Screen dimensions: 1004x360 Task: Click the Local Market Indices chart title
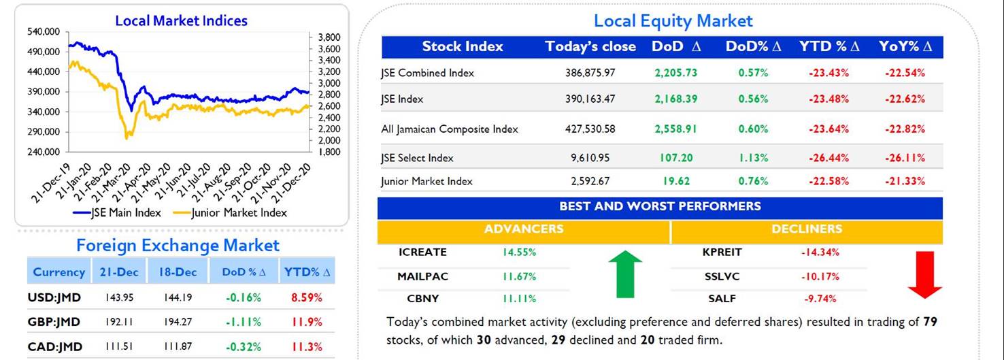tap(181, 20)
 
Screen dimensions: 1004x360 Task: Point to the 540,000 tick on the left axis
tap(44, 31)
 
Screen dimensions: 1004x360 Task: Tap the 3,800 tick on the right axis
tap(329, 37)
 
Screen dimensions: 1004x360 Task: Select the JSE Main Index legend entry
tap(117, 212)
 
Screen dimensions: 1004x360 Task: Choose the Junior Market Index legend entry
tap(230, 212)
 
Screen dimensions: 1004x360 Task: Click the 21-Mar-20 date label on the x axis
tap(111, 182)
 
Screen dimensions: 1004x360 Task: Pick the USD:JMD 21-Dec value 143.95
tap(119, 297)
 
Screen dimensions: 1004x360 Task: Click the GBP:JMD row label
tap(54, 322)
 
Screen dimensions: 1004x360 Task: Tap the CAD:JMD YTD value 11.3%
tap(307, 346)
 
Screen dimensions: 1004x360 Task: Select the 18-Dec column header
tap(178, 272)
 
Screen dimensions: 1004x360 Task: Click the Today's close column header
tap(590, 46)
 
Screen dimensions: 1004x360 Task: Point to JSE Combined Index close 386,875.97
tap(590, 73)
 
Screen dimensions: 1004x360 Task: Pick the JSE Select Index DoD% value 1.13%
tap(754, 158)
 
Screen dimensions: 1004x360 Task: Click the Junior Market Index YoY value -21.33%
tap(905, 181)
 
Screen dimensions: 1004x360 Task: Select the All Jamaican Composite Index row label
tap(450, 129)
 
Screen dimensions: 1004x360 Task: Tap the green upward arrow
tap(625, 274)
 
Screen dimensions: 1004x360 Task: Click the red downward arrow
tap(925, 275)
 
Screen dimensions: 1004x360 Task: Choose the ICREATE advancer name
tap(422, 252)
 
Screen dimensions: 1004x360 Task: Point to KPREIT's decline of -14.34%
tap(820, 252)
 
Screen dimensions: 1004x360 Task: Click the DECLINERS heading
tap(807, 229)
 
